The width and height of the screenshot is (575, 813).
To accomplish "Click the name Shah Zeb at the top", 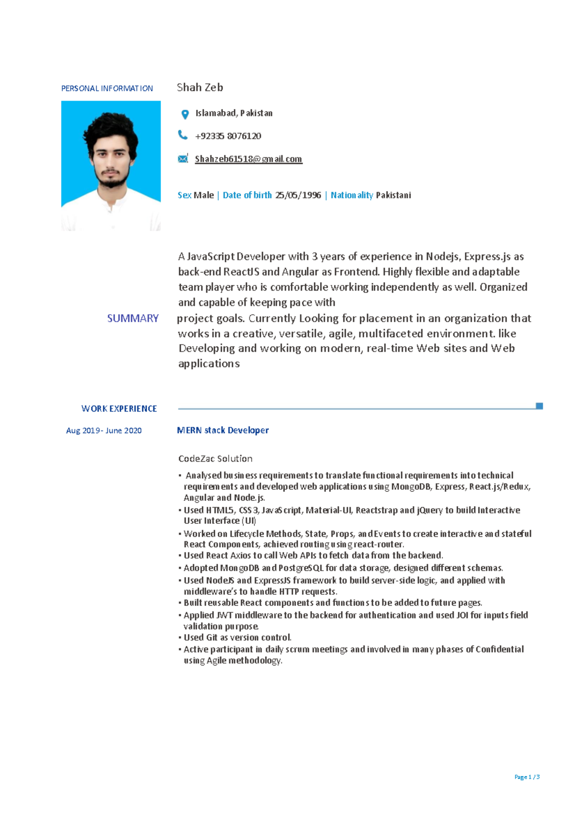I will (x=200, y=88).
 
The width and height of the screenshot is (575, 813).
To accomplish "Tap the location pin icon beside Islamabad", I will (x=185, y=114).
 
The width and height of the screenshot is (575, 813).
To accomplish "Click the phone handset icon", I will (x=183, y=135).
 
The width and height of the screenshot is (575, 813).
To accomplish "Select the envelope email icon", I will (x=183, y=159).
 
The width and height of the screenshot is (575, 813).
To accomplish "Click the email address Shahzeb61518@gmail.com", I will (x=248, y=159).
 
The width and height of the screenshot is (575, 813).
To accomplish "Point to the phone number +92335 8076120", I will (x=228, y=136).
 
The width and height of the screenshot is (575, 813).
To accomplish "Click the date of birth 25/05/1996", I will (x=298, y=195).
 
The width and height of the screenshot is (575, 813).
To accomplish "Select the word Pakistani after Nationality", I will (x=393, y=195).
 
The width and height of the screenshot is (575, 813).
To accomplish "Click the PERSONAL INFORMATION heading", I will (x=107, y=89).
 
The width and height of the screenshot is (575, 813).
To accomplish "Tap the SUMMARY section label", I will (x=133, y=318).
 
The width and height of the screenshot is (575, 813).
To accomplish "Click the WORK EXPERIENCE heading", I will (x=119, y=409).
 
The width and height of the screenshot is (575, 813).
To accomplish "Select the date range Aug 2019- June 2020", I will (x=103, y=430).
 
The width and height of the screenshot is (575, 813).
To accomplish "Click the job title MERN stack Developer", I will (x=223, y=430).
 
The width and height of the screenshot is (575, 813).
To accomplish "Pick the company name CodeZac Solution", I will (x=215, y=459).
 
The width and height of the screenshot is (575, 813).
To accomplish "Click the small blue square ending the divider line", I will (x=539, y=406).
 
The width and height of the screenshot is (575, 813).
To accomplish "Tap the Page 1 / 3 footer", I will (x=527, y=777).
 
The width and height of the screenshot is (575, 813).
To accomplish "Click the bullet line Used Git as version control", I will (x=238, y=638).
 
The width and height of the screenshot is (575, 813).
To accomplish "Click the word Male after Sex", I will (x=204, y=195).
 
